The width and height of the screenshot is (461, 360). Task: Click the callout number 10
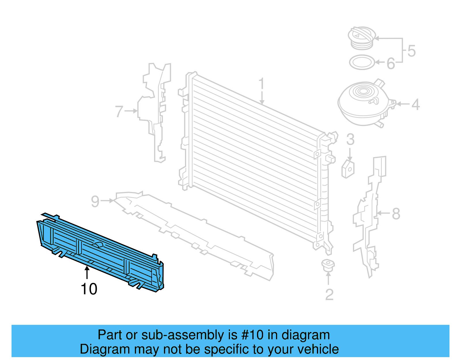[89, 289]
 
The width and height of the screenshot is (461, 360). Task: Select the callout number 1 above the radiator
[261, 84]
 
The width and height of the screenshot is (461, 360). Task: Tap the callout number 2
[329, 295]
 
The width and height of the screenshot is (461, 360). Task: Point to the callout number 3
[350, 140]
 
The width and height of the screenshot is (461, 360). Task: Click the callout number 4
[415, 105]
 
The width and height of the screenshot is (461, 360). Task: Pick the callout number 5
[411, 51]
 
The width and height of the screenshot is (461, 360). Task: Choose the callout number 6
[391, 64]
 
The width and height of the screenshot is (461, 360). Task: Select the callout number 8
[396, 214]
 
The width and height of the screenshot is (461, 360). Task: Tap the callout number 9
[95, 201]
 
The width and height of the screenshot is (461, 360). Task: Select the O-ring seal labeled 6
[362, 62]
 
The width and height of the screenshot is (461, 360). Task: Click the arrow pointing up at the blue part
[87, 272]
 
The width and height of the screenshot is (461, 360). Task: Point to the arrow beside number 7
[131, 111]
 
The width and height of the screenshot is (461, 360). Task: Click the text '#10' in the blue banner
[252, 335]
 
